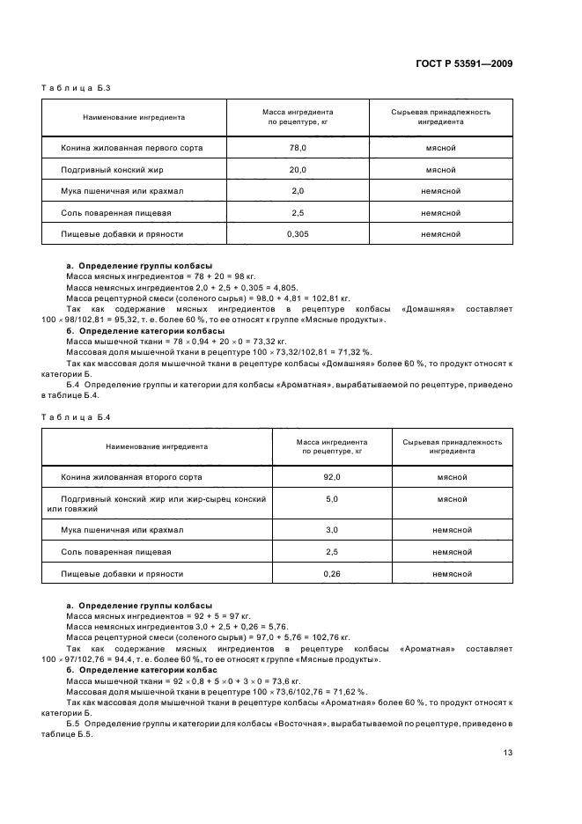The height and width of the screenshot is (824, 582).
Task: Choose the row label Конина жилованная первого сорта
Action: (x=131, y=148)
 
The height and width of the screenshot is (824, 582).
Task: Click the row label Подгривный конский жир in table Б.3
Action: (x=113, y=170)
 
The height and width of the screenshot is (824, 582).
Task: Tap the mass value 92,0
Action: (x=332, y=476)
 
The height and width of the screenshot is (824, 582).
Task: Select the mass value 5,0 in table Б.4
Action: (x=332, y=498)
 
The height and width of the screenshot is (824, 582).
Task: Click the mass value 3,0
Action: (x=332, y=530)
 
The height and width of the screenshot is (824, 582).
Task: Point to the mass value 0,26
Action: (x=332, y=573)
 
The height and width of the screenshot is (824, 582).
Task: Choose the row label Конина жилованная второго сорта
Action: (x=131, y=476)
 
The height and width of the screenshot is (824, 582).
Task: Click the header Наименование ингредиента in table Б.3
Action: (x=134, y=117)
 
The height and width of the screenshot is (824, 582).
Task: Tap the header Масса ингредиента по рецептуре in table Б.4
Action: (x=332, y=445)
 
